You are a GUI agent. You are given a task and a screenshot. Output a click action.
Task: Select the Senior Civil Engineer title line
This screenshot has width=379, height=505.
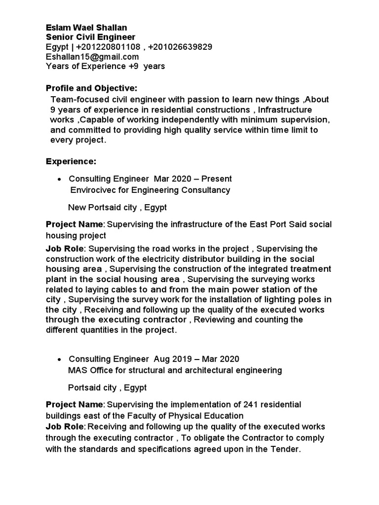[x=90, y=37]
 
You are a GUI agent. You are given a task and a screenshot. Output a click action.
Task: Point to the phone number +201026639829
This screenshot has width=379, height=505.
[x=180, y=47]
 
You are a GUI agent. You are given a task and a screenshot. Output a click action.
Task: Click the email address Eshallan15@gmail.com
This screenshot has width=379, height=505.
[x=92, y=56]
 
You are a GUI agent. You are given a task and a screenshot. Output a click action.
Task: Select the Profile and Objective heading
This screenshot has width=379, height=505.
[x=91, y=88]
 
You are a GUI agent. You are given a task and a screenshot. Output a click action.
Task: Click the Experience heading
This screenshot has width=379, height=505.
[x=71, y=161]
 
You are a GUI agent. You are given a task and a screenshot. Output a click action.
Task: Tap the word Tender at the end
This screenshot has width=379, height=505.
[x=286, y=449]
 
